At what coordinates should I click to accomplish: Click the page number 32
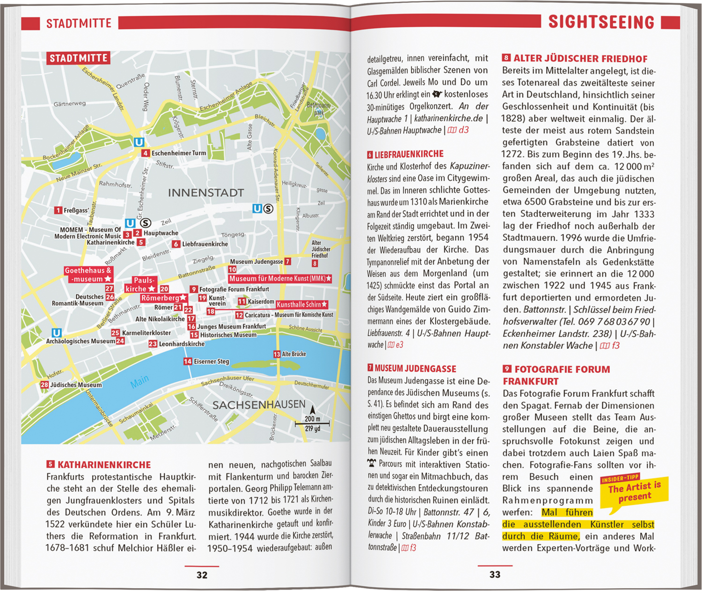point(202,575)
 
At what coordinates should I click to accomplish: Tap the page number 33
point(495,574)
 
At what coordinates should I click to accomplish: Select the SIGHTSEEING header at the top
point(601,22)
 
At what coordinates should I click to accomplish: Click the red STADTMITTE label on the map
point(78,58)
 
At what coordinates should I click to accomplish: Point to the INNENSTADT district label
point(206,192)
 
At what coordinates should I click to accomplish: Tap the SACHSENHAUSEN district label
point(259,405)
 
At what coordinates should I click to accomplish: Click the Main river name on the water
point(139,382)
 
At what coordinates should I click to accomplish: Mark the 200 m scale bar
point(312,423)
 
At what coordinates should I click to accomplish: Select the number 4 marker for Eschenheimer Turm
point(146,153)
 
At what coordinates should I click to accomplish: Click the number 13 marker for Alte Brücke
point(277,354)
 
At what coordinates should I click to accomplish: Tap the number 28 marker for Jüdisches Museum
point(44,384)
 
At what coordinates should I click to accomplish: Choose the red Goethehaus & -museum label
point(88,274)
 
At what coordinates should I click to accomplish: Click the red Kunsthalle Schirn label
point(302,304)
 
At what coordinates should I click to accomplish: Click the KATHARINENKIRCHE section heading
point(104,465)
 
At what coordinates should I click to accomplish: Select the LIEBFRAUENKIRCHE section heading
point(409,154)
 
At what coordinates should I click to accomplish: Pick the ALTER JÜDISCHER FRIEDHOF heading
point(580,59)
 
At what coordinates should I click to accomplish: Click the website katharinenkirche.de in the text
point(448,118)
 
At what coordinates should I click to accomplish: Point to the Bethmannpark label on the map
point(318,109)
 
